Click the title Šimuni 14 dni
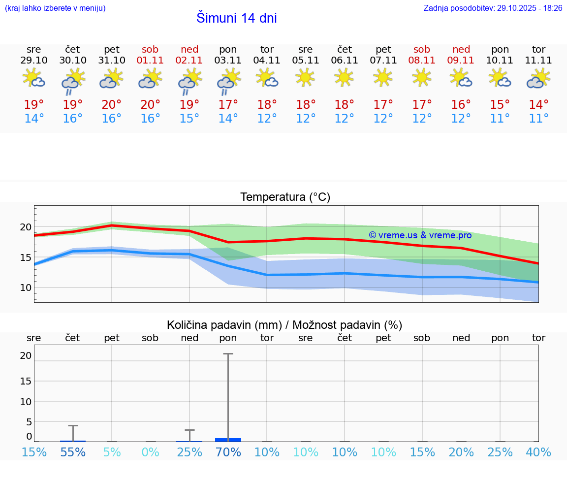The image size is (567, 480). (236, 18)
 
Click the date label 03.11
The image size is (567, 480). (228, 61)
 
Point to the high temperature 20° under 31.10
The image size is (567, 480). (112, 105)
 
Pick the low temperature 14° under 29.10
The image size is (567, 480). (34, 119)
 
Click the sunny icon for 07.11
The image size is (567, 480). (383, 77)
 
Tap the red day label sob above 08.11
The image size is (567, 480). (422, 49)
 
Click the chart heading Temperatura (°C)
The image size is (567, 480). (285, 197)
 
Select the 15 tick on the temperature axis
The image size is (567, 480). (26, 257)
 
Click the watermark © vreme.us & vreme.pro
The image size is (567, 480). (420, 235)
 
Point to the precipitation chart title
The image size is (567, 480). (284, 325)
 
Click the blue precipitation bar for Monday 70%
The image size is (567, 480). (228, 440)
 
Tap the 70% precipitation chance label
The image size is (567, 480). (228, 452)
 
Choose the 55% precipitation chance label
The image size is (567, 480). (73, 452)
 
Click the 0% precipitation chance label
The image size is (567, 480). (151, 452)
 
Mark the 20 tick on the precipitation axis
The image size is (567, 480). (26, 355)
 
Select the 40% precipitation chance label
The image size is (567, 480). (538, 452)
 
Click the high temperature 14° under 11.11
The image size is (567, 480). (538, 105)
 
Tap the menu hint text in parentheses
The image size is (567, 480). (55, 8)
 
